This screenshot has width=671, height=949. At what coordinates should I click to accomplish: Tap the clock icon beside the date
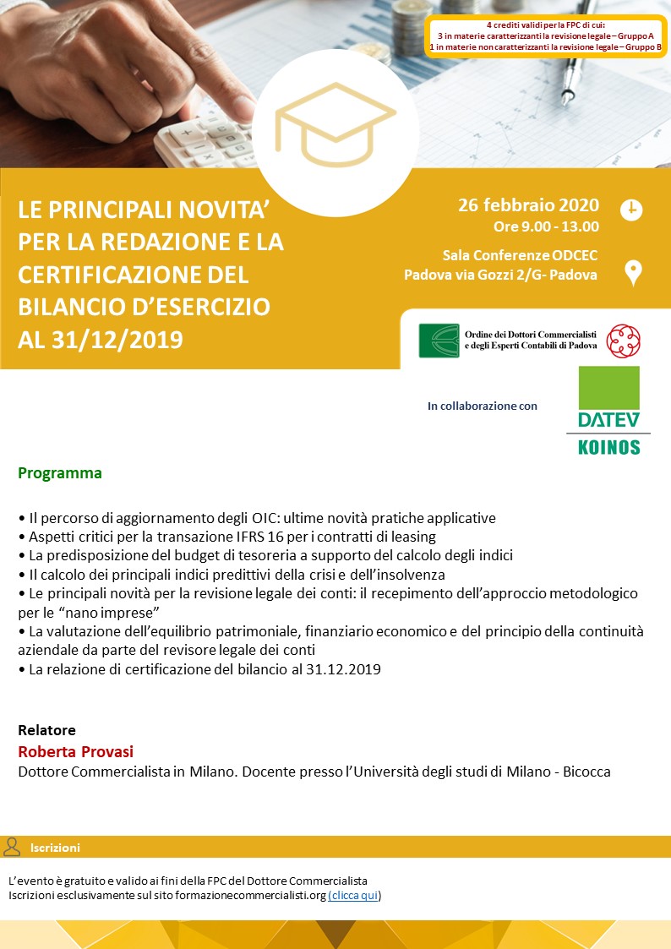coord(631,210)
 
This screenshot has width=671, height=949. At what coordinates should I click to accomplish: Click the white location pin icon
coord(632,273)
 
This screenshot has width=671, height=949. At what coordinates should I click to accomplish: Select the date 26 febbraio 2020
coord(528,205)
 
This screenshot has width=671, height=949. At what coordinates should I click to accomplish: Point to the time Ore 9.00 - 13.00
coord(546,226)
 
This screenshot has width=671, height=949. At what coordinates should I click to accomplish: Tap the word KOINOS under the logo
coord(608,447)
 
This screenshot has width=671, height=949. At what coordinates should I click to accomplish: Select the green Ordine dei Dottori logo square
coord(439,341)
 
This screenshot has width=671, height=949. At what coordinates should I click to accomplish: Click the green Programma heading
coord(60,473)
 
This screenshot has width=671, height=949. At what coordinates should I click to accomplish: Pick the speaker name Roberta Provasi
coord(76,752)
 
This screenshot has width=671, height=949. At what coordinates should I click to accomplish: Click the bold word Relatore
coord(46,730)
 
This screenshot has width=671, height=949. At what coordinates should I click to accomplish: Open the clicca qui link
coord(354,896)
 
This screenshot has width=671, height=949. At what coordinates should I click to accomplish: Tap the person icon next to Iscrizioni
coord(12,847)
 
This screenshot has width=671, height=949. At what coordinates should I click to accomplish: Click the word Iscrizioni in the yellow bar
coord(55,848)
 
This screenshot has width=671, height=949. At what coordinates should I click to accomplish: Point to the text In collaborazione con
coord(482,406)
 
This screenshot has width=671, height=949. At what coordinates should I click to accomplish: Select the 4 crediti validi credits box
coord(546,36)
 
